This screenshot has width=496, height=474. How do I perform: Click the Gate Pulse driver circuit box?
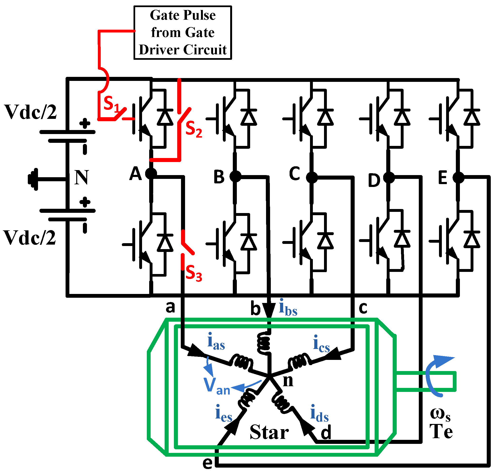pos(182,33)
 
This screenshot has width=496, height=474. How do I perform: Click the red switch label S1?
pos(110,103)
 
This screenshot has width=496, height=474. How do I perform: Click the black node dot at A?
pos(151,174)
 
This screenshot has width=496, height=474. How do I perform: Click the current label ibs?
pos(288,307)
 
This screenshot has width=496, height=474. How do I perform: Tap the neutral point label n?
pos(288,381)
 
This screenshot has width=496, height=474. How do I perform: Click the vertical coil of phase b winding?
pos(263,342)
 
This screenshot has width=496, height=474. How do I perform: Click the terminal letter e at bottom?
pos(207,463)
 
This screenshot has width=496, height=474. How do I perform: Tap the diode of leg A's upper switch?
pos(165,117)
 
